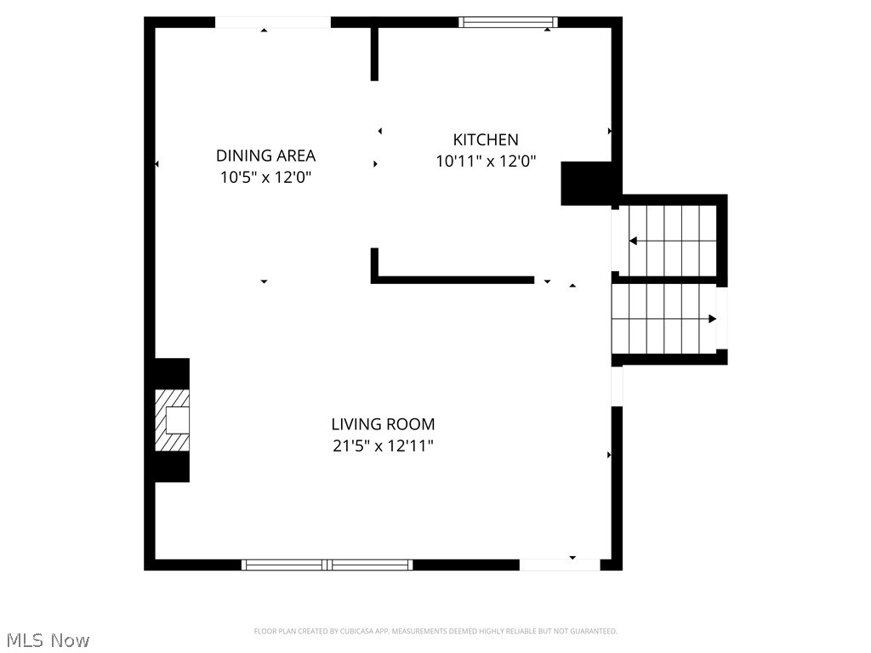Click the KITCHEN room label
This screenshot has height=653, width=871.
pos(485,139)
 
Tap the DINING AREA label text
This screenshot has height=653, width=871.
pos(265,156)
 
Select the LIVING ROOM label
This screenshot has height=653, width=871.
pos(383,424)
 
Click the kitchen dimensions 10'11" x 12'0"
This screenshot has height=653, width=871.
pos(485,162)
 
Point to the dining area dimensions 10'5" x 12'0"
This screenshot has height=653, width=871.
pos(265,178)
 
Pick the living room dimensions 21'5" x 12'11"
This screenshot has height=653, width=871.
pos(383,446)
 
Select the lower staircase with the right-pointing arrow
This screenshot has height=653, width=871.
pos(663,319)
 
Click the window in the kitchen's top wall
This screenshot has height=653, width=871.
pos(508,22)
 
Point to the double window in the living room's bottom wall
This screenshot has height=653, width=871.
pos(327,565)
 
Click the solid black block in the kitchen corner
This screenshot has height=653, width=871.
pos(587,183)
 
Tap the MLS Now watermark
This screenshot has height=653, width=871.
pos(47,639)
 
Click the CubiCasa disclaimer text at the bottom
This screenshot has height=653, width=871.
pos(435,631)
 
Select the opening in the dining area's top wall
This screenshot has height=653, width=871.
pos(272,22)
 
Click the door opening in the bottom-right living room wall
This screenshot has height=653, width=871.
pos(559,565)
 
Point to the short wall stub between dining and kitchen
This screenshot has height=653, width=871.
pos(374,53)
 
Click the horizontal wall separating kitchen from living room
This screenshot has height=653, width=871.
pos(453,279)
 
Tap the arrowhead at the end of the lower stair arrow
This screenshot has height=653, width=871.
pos(712,319)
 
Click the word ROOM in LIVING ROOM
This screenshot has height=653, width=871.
pos(411,424)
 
